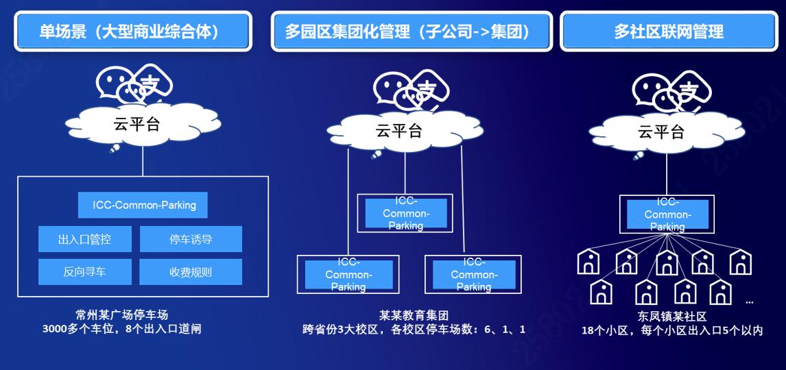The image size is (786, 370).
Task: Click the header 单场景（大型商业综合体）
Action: coord(133,32)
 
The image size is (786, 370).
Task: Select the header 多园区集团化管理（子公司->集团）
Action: coord(411,32)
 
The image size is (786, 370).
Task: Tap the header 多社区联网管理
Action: coord(668,32)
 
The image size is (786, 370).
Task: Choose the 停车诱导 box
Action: coord(191,239)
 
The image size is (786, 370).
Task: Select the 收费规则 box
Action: coord(191,272)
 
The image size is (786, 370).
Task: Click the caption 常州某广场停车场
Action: coord(121,315)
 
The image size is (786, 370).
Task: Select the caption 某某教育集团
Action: coord(414,316)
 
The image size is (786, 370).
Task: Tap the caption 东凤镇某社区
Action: coord(671,317)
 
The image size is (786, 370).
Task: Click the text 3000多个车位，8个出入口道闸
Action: coord(121,329)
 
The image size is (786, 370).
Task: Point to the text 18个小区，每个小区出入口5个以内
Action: coord(672,330)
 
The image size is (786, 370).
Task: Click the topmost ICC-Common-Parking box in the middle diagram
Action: coord(405,213)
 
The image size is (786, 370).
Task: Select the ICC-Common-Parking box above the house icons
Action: coord(667,214)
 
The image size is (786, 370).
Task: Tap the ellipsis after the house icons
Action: coord(749,301)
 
